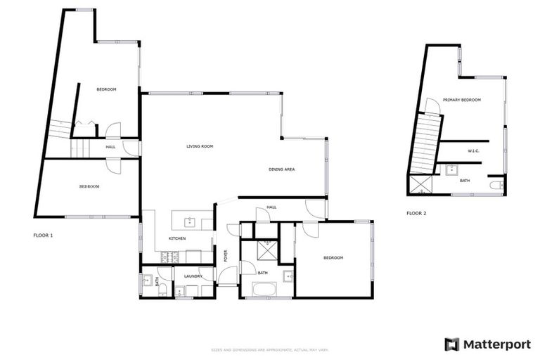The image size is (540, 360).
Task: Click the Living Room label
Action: (200, 146)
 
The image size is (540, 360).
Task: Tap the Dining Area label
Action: (281, 169)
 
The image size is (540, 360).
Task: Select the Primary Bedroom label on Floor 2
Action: (462, 100)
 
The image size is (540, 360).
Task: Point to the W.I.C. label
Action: (473, 151)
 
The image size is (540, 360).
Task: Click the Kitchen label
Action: (176, 239)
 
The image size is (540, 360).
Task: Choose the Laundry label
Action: (193, 276)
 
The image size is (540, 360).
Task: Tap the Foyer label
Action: (226, 256)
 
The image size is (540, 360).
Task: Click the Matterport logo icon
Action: (452, 344)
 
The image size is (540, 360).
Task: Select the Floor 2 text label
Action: (416, 213)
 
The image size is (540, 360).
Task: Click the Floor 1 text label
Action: (43, 235)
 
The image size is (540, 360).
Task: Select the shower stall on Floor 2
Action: (420, 185)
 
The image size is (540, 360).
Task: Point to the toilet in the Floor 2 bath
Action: (497, 185)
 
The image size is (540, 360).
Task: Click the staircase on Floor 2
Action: (425, 144)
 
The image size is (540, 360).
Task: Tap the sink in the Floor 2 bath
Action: (451, 169)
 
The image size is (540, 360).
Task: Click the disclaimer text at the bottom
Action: (269, 349)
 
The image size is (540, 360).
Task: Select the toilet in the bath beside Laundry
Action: (162, 289)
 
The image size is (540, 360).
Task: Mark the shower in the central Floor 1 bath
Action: (266, 250)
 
